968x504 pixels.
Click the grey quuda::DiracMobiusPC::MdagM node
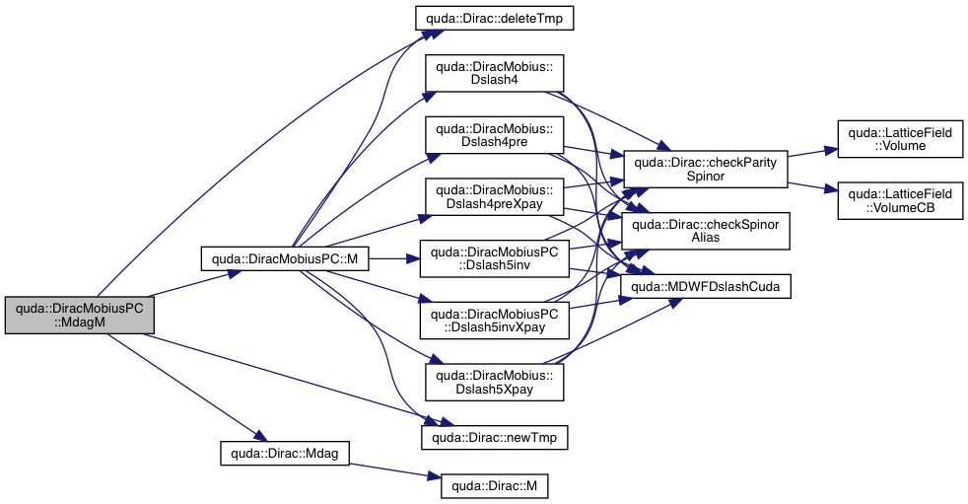tap(80, 317)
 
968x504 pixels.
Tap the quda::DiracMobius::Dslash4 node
tap(494, 75)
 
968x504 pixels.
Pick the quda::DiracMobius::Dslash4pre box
tap(494, 136)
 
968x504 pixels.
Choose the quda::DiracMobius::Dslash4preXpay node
tap(494, 197)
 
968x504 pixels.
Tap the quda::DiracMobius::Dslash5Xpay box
tap(494, 382)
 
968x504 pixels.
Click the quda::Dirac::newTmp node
tap(495, 435)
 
